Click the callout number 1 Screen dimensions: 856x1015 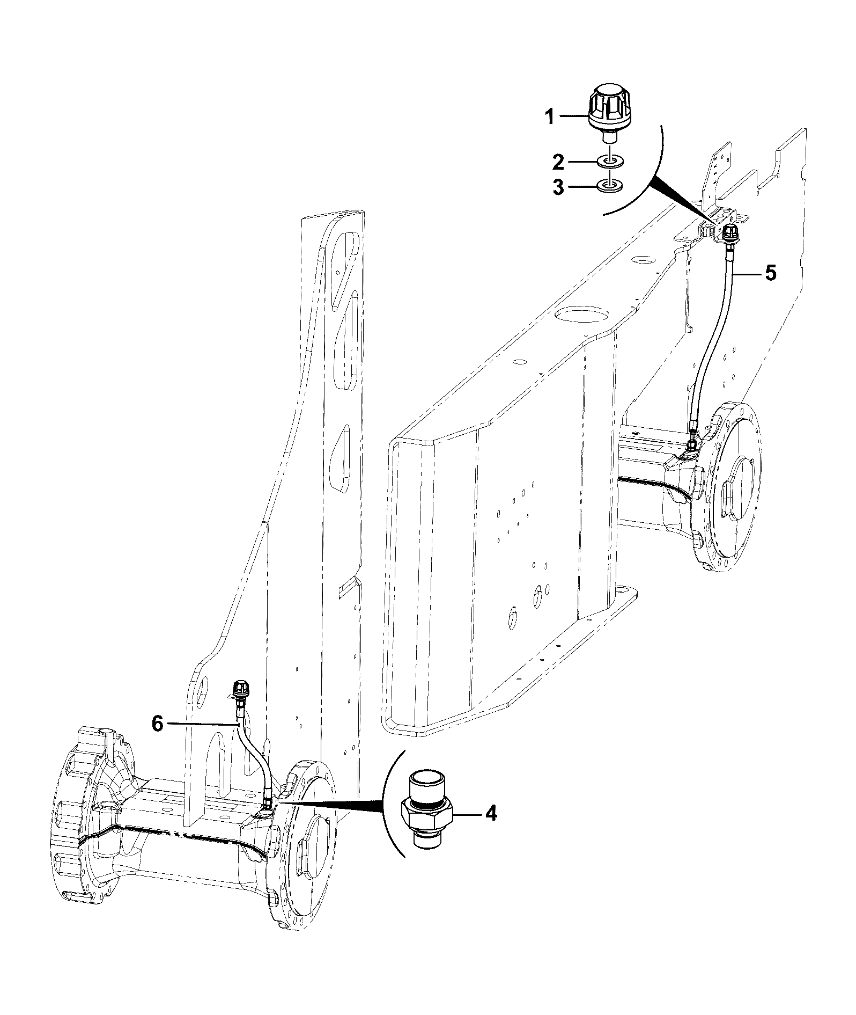tap(549, 116)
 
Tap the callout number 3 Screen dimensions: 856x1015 tap(558, 187)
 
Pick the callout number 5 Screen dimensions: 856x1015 tap(770, 273)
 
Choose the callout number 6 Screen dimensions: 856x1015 tap(157, 724)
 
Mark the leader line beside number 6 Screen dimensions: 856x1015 tap(202, 724)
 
